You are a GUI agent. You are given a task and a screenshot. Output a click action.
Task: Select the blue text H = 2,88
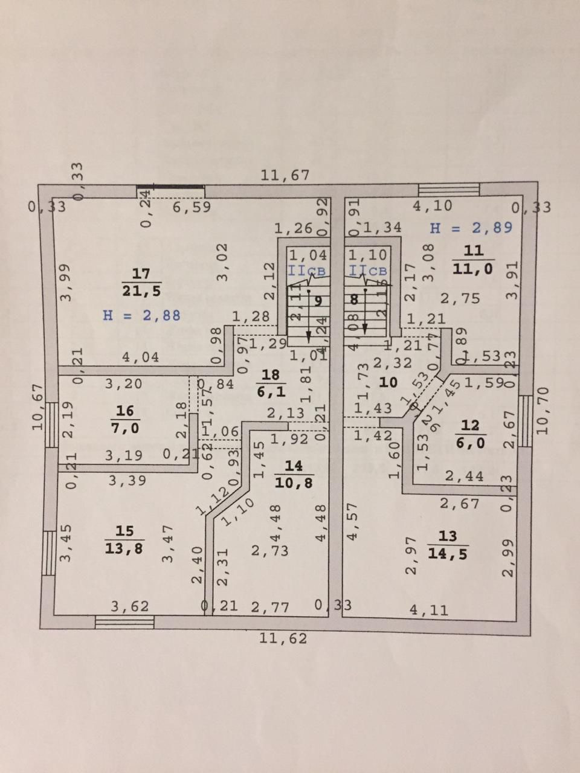(141, 315)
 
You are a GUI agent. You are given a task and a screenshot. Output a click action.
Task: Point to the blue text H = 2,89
(471, 228)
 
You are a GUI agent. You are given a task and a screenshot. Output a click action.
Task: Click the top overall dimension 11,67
(285, 176)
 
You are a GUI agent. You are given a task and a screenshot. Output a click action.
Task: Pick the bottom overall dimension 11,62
(283, 638)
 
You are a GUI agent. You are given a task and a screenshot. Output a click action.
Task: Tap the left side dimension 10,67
(37, 407)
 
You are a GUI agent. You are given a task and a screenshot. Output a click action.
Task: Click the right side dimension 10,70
(541, 411)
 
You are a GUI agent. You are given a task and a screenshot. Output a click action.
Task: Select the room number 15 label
(124, 531)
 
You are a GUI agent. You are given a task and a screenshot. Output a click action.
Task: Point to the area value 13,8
(124, 548)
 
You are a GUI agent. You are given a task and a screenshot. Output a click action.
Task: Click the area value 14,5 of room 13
(448, 553)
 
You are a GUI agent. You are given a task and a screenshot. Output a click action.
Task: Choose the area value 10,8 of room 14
(293, 482)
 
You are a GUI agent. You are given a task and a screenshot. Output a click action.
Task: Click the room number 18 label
(266, 374)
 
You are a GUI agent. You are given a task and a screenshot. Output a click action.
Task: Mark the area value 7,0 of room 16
(124, 426)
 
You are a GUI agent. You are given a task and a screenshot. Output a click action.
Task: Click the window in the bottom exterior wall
(124, 621)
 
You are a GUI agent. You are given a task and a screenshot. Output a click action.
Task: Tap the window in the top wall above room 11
(449, 189)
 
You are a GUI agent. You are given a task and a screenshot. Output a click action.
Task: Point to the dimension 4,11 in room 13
(429, 610)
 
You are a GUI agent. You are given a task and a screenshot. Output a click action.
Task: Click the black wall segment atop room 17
(170, 187)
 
